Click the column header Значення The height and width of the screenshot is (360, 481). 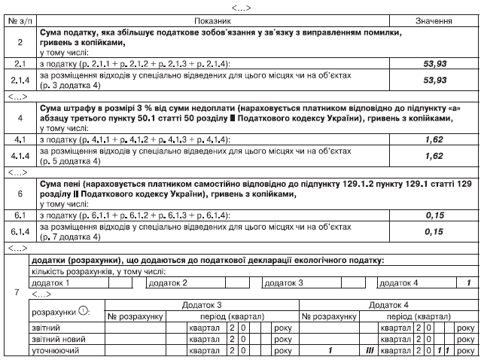(x=434, y=20)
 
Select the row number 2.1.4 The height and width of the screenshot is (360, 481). (x=20, y=80)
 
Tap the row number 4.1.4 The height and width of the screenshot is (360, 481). (x=20, y=156)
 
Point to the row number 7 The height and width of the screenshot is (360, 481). (x=17, y=292)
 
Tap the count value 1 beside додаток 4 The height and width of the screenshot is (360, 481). (x=468, y=283)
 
